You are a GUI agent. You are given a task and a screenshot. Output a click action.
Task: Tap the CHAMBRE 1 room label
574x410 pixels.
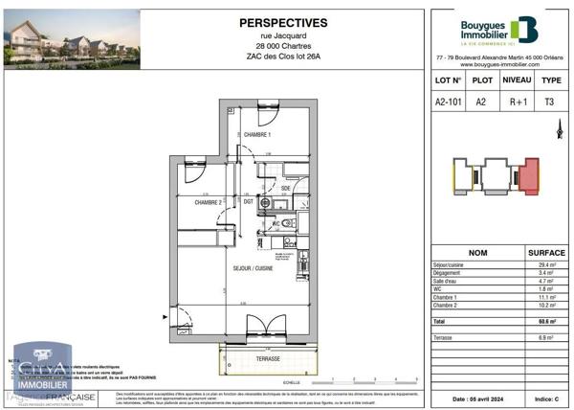[x=257, y=135]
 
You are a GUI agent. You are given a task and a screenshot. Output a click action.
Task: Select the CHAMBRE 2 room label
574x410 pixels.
[x=209, y=202]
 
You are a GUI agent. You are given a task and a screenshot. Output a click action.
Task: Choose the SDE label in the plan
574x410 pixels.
[x=285, y=189]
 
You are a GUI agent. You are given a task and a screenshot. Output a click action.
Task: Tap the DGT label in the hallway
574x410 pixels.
[x=248, y=201]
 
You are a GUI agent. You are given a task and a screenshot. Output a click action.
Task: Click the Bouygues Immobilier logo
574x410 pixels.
[x=497, y=32]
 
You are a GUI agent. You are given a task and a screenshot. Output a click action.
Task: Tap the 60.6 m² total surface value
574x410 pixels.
[x=547, y=321]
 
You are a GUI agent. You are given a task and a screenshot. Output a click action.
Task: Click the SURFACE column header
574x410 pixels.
[x=546, y=253]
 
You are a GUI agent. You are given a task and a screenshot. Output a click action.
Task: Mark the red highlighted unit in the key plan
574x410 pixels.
[x=527, y=175]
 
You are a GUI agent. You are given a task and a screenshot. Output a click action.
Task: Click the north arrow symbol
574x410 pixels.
[x=558, y=133]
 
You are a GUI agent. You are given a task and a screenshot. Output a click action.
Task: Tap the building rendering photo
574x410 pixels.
[x=73, y=39]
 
